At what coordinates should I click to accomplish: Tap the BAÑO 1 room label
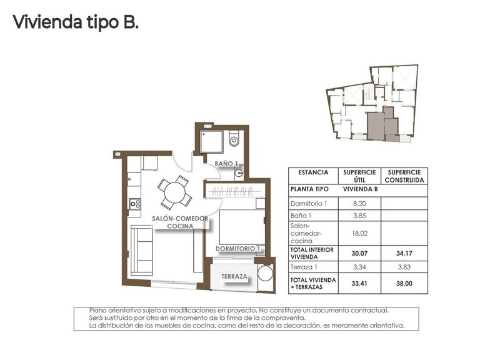[227, 164]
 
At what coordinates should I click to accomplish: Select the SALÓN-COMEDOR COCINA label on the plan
[179, 222]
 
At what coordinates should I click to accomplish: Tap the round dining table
[174, 193]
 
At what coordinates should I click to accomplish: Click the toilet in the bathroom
[234, 139]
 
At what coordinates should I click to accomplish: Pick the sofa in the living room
[142, 250]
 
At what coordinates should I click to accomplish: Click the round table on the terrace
[264, 276]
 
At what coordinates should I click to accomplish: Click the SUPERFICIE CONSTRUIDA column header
[404, 176]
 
